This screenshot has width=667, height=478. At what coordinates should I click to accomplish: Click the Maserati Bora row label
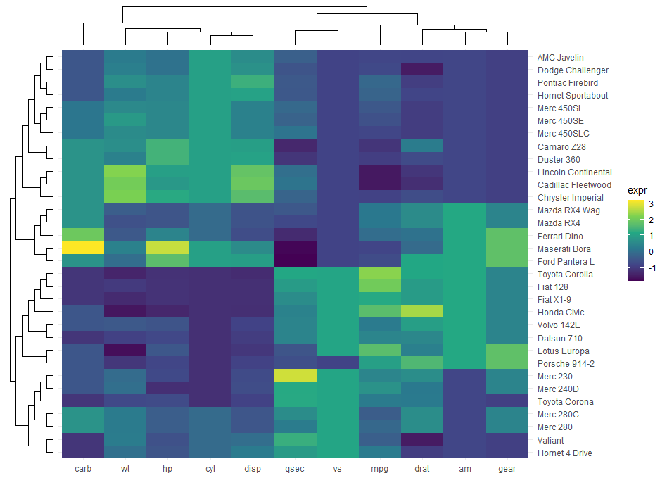tap(563, 249)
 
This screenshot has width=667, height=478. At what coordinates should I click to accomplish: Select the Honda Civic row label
tap(560, 313)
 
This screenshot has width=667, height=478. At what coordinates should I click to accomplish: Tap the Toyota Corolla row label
tap(565, 274)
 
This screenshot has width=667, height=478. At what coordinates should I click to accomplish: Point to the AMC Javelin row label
tap(560, 57)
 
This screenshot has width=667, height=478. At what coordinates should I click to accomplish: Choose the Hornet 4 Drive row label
tap(564, 453)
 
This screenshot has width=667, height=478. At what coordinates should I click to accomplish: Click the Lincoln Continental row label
tap(574, 172)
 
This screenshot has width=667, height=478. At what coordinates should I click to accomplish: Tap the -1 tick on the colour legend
tap(652, 268)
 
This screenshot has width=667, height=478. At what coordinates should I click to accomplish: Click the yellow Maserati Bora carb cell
tap(82, 249)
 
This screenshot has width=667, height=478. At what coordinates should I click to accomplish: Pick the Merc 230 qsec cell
tap(295, 376)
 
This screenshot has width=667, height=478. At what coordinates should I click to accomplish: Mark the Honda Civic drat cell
tap(422, 312)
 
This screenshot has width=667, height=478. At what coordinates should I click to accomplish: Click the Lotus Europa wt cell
tap(125, 351)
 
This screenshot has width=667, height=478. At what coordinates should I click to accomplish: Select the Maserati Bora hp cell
tap(167, 249)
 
